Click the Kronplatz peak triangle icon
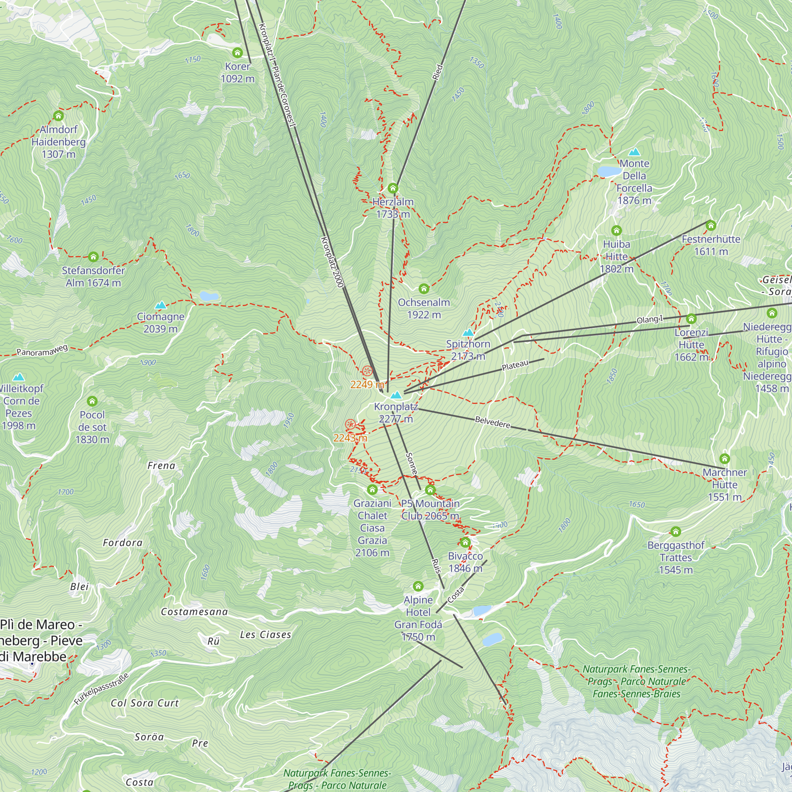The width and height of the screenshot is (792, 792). [396, 395]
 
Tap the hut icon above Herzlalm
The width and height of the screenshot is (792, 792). [393, 188]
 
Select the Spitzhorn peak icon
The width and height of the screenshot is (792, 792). [468, 333]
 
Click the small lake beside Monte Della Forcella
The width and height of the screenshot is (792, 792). [609, 171]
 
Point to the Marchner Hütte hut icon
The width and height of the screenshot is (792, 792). [724, 458]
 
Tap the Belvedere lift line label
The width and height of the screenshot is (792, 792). [492, 422]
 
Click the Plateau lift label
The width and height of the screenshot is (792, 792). [515, 365]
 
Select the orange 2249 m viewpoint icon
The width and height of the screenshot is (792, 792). [367, 371]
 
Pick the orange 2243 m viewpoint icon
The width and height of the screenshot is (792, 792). [350, 424]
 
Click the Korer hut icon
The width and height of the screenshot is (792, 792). [237, 53]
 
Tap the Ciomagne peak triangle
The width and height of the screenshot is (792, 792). [161, 305]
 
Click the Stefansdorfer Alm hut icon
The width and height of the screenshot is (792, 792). [93, 257]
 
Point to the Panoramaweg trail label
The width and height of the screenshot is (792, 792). [42, 350]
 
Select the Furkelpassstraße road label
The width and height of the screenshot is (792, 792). [101, 689]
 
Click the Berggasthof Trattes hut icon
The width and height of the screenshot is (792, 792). [676, 532]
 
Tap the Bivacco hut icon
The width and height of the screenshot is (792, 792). [465, 543]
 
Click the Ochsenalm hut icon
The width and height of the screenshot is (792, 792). [424, 289]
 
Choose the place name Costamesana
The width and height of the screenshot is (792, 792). [194, 612]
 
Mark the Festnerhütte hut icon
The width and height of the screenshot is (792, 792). [711, 225]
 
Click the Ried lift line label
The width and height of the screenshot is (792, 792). [438, 72]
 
